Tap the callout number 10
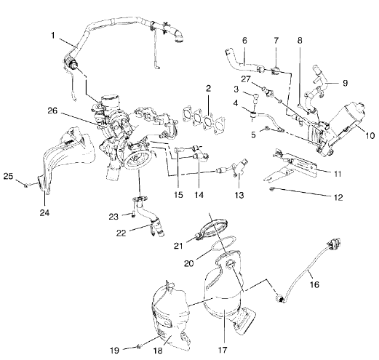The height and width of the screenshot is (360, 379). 369,136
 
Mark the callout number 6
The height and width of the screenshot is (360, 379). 244,41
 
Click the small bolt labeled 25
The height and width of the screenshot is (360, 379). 25,185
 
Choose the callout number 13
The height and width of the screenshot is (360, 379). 238,196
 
